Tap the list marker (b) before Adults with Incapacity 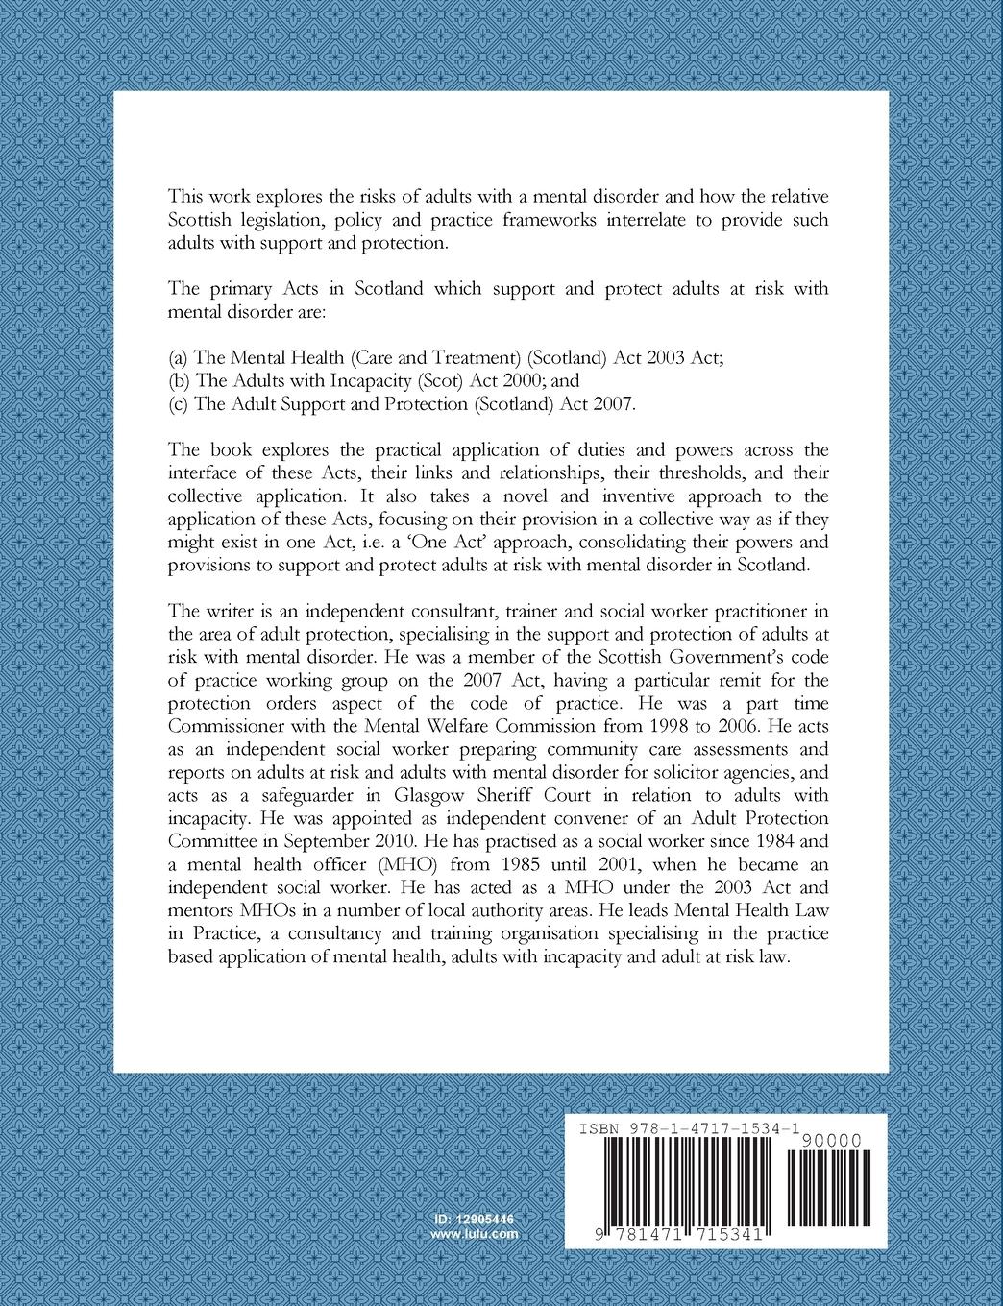pyautogui.click(x=178, y=381)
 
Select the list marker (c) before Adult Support pyautogui.click(x=178, y=404)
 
